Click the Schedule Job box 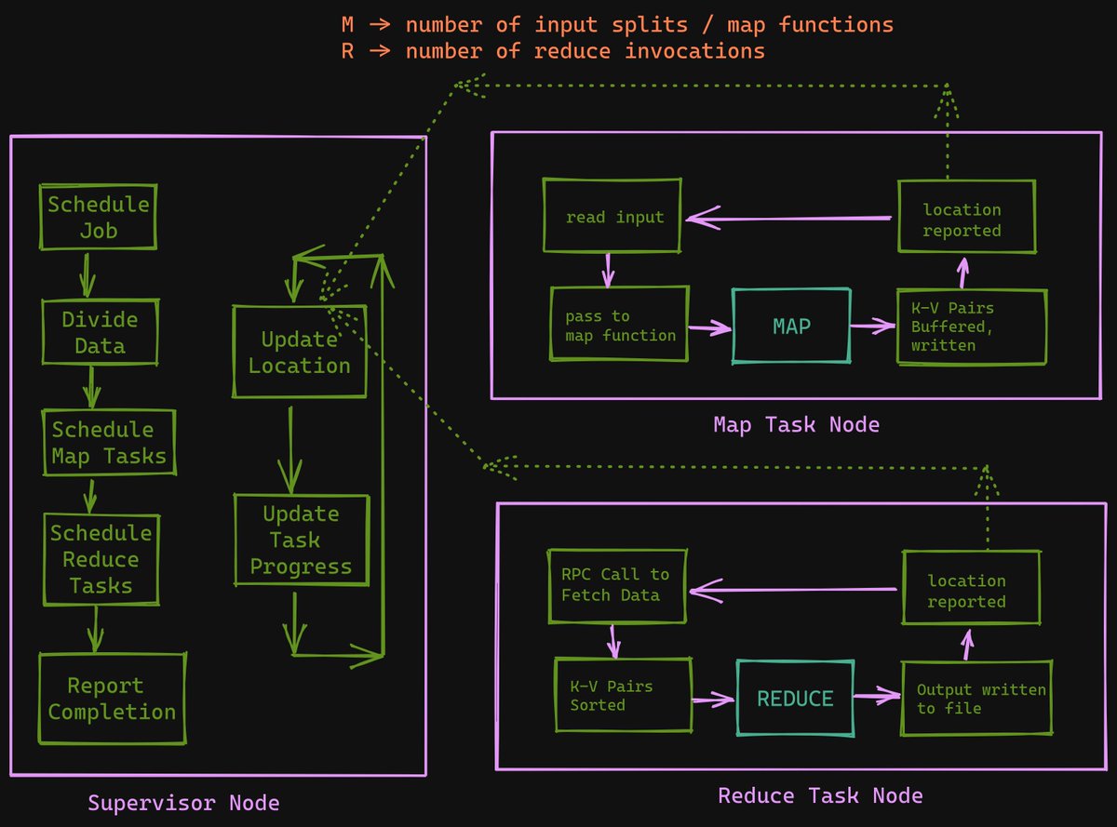(98, 217)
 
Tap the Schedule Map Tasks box (109, 443)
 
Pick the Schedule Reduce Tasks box (101, 559)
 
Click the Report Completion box (112, 699)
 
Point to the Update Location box (299, 353)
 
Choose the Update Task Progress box (301, 540)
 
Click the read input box (614, 217)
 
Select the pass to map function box (620, 325)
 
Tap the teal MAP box (791, 327)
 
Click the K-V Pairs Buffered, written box (971, 327)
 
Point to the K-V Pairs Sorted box (623, 696)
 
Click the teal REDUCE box (795, 699)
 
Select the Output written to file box (976, 699)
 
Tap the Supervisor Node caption (183, 802)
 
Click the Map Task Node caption (796, 425)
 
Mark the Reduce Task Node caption (820, 795)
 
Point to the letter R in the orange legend (347, 51)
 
